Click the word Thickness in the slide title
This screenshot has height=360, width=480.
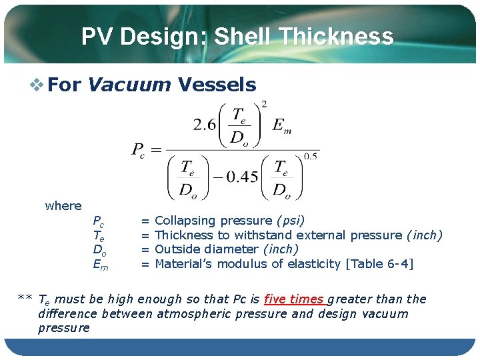click(336, 36)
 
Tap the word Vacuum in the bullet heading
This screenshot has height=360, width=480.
click(129, 85)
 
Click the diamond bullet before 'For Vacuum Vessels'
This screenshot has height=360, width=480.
click(38, 85)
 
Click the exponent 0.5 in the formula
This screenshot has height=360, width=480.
click(310, 156)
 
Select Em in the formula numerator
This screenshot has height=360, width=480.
click(282, 125)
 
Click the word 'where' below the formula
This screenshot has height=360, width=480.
click(63, 206)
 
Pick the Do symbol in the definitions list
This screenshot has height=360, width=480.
click(99, 250)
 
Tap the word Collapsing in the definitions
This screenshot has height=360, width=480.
click(185, 221)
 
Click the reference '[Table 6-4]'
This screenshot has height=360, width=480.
click(379, 264)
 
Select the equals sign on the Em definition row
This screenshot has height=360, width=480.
click(145, 264)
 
